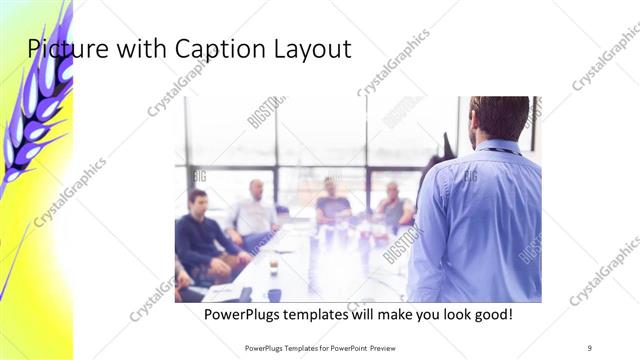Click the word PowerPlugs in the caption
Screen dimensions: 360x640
pyautogui.click(x=243, y=315)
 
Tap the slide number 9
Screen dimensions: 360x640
pyautogui.click(x=590, y=347)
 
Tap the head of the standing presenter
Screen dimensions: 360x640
pyautogui.click(x=500, y=117)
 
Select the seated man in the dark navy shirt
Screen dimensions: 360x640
pyautogui.click(x=200, y=235)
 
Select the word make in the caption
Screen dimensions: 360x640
pyautogui.click(x=391, y=315)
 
